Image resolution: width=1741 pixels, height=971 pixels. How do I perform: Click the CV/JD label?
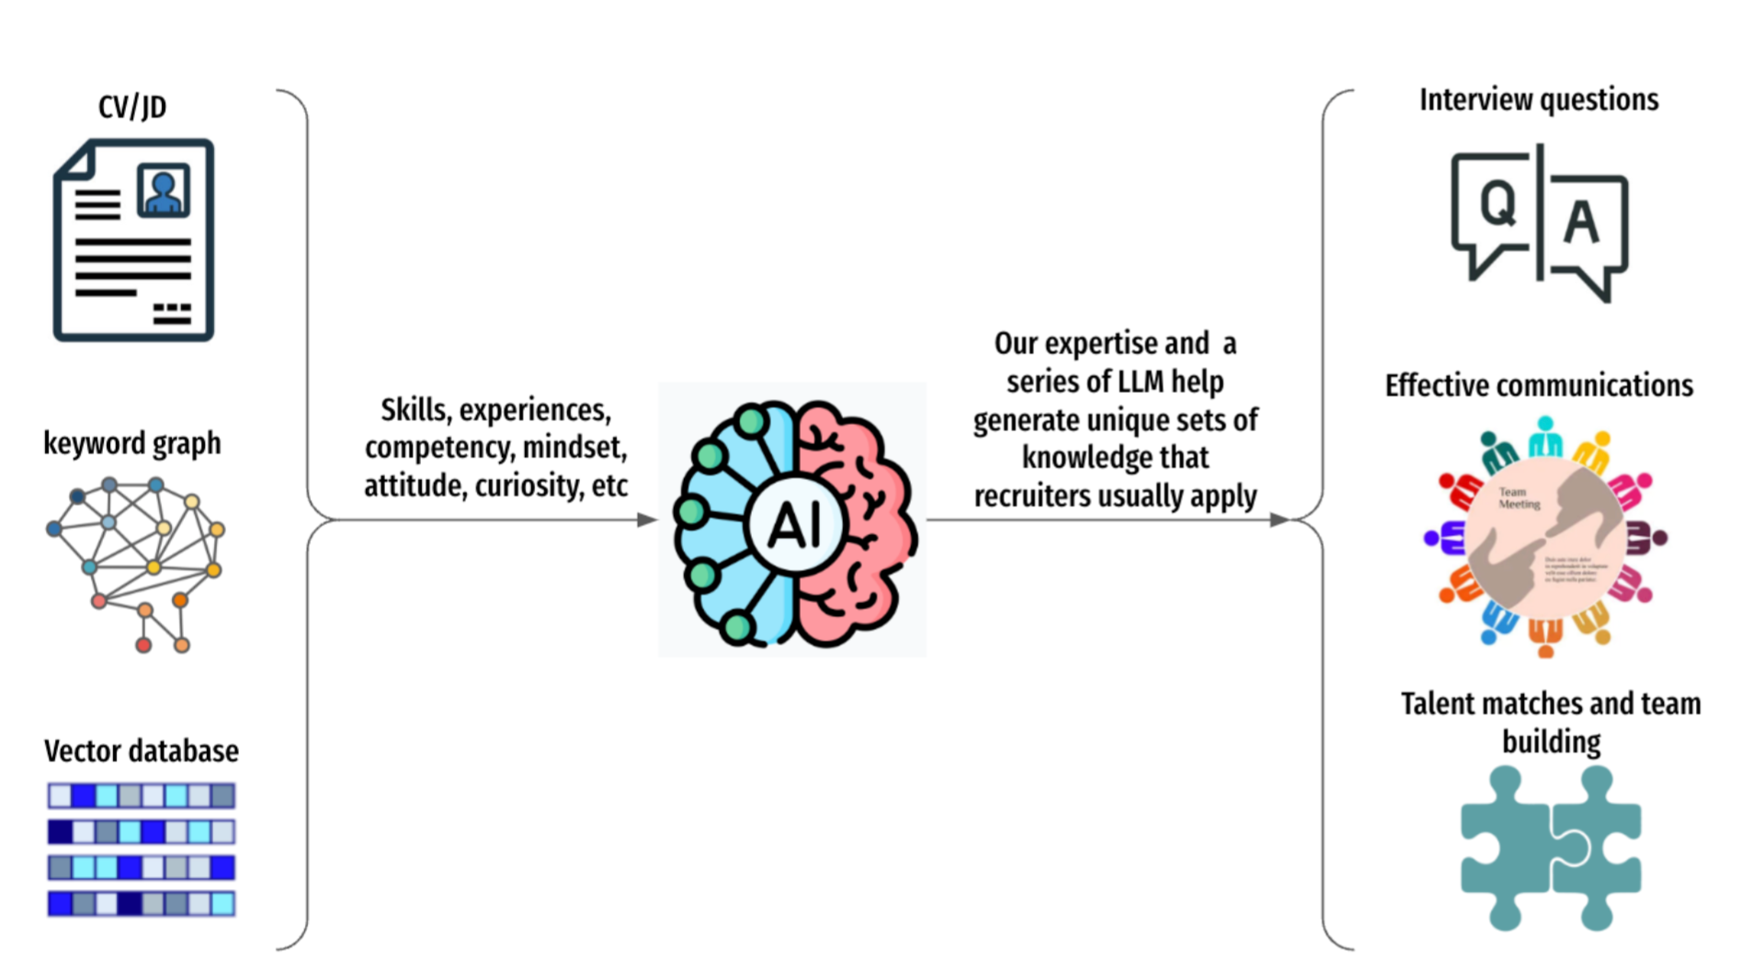pyautogui.click(x=132, y=107)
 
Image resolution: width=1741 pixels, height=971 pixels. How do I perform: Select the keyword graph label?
pyautogui.click(x=132, y=443)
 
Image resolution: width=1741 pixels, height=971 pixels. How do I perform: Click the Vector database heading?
pyautogui.click(x=142, y=751)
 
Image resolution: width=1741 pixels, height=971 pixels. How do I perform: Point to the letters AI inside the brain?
pyautogui.click(x=793, y=526)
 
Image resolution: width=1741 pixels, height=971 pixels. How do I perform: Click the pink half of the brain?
pyautogui.click(x=855, y=524)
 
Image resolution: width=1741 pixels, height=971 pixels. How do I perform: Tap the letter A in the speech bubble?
pyautogui.click(x=1581, y=222)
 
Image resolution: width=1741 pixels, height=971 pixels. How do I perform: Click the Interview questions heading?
pyautogui.click(x=1539, y=99)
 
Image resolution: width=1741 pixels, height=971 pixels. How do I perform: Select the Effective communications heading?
pyautogui.click(x=1539, y=385)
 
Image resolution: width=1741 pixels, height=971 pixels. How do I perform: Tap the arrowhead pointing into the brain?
pyautogui.click(x=647, y=520)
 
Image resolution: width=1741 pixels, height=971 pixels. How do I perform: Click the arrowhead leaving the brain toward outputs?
pyautogui.click(x=1280, y=520)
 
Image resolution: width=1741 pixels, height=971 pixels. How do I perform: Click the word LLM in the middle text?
pyautogui.click(x=1140, y=382)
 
